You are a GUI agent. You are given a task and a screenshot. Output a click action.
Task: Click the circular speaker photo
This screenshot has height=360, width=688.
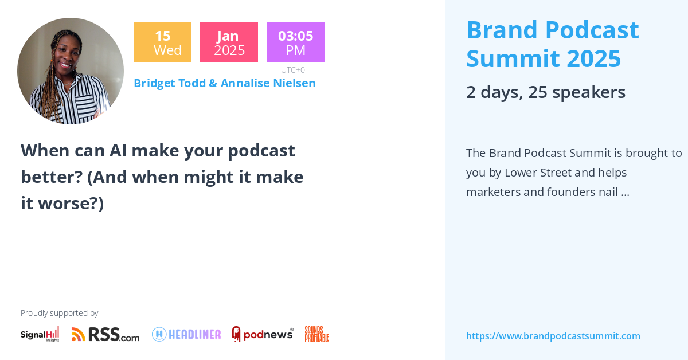[x=71, y=71]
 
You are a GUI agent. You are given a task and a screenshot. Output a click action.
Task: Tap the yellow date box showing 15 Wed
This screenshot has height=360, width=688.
[x=162, y=42]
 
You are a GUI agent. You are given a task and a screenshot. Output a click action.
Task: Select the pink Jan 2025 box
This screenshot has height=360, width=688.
[x=229, y=42]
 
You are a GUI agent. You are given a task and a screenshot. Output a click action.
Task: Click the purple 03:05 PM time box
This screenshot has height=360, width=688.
[x=295, y=42]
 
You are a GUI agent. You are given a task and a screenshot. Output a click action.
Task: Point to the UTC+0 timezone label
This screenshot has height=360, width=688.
[x=293, y=70]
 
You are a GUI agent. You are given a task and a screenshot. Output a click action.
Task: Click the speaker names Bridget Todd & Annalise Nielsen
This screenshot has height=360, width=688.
[x=224, y=83]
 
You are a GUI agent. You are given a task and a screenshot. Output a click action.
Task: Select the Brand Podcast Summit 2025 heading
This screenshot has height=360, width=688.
[x=552, y=44]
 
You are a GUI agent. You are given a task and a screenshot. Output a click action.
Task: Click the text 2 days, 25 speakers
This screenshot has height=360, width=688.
[x=545, y=92]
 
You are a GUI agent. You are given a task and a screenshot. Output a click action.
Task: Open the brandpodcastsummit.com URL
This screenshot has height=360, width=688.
[x=553, y=336]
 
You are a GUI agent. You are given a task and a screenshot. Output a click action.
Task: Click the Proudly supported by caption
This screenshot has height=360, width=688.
[x=59, y=313]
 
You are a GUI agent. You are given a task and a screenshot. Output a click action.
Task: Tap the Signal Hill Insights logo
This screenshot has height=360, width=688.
[x=40, y=334]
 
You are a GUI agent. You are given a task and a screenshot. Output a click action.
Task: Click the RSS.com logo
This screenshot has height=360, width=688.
[x=105, y=334]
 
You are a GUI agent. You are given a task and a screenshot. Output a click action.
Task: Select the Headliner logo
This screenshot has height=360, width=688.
[x=186, y=334]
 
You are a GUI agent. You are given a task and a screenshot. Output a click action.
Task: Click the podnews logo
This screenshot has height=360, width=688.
[x=263, y=334]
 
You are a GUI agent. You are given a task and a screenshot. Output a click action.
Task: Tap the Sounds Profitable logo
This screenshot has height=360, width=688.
[x=316, y=334]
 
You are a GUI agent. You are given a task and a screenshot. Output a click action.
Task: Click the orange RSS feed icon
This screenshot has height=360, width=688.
[x=79, y=334]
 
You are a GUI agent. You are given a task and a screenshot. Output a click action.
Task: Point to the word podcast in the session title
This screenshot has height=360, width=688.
[x=261, y=150]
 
